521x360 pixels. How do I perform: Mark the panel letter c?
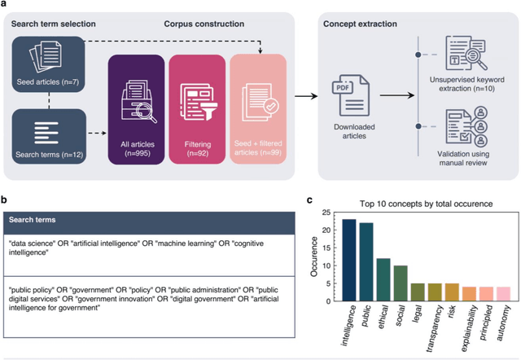pyautogui.click(x=310, y=199)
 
